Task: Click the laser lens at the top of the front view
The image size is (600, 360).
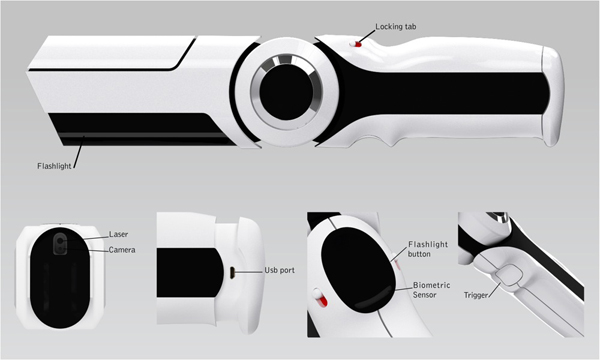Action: click(61, 241)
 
